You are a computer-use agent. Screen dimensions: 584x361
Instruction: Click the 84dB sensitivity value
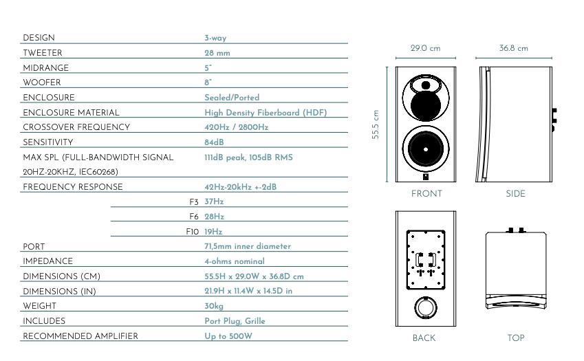214,142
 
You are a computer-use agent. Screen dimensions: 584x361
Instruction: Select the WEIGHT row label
39,306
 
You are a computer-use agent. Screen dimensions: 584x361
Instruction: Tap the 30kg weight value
214,306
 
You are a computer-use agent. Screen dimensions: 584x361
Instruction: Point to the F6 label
194,217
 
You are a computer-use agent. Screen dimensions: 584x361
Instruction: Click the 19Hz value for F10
213,232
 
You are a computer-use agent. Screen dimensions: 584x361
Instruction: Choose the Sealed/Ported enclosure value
232,98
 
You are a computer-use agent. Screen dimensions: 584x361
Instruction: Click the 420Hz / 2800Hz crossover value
237,127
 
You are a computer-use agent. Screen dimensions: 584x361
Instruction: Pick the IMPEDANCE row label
47,261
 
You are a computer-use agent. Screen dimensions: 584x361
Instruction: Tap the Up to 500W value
228,336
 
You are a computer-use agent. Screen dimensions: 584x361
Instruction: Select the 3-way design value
215,38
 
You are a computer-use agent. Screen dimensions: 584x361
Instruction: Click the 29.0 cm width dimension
425,48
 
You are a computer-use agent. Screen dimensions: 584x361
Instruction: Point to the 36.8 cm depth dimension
514,48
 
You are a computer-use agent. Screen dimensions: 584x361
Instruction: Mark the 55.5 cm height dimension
376,124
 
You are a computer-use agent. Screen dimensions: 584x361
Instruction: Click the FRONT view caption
426,193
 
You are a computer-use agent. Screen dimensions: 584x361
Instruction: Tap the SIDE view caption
515,193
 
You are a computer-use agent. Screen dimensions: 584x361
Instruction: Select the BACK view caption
424,338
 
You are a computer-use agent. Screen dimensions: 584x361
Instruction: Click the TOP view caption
516,338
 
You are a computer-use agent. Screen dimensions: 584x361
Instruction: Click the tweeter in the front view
426,85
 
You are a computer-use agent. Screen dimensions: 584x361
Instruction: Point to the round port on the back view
426,307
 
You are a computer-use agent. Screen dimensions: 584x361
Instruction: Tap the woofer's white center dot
426,149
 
